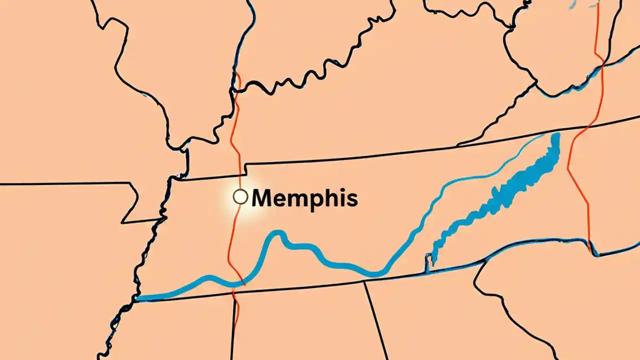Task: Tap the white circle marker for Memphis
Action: pos(240,197)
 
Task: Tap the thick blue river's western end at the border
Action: pos(138,298)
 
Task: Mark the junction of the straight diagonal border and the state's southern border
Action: pos(364,281)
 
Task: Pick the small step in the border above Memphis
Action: pos(244,170)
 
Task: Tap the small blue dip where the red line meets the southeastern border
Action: pos(590,246)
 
